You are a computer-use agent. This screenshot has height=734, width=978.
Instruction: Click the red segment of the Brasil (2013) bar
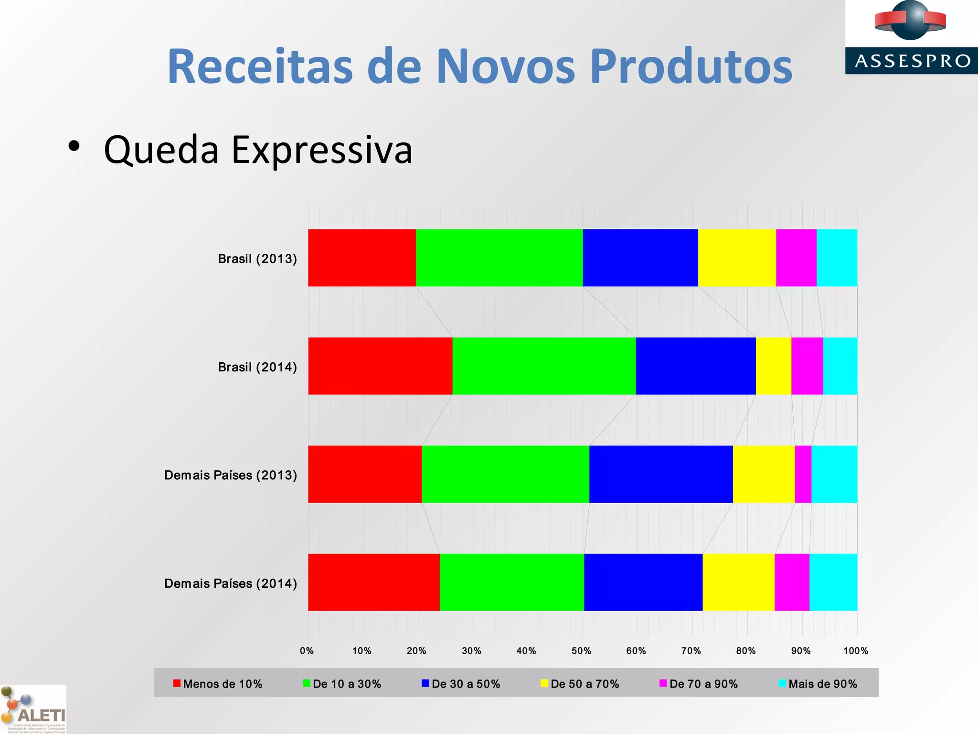click(x=362, y=258)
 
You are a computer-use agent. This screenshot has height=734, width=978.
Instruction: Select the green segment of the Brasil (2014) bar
click(x=544, y=366)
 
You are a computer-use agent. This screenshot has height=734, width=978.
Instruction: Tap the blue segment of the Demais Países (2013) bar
click(x=661, y=474)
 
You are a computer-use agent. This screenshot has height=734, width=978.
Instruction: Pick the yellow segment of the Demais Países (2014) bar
click(x=738, y=582)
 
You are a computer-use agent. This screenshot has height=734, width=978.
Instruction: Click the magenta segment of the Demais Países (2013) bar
click(x=803, y=474)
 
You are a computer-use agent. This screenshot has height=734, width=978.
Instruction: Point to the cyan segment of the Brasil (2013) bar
click(x=837, y=258)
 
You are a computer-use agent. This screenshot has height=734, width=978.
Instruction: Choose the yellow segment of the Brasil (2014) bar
click(x=773, y=366)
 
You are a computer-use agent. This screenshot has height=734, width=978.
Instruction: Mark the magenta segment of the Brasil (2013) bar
click(x=796, y=258)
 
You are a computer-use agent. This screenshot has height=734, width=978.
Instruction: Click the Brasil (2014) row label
click(x=257, y=367)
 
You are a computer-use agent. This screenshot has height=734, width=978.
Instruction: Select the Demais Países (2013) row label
click(x=231, y=475)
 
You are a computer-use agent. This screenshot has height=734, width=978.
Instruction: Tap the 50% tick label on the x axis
click(x=581, y=651)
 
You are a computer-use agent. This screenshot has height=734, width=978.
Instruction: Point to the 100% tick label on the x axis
click(x=855, y=651)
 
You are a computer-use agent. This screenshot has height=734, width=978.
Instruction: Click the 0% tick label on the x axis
click(x=307, y=651)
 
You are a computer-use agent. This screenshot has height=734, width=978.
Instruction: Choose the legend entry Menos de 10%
click(x=223, y=684)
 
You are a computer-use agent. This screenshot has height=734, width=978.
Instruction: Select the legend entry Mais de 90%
click(x=822, y=684)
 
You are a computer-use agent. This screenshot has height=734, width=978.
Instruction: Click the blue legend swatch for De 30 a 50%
click(x=425, y=683)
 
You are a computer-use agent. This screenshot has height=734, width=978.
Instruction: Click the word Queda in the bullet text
click(x=161, y=150)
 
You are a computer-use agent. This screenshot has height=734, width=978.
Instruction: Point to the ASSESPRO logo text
click(x=912, y=61)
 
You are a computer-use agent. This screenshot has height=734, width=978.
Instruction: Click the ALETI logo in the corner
click(x=33, y=710)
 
